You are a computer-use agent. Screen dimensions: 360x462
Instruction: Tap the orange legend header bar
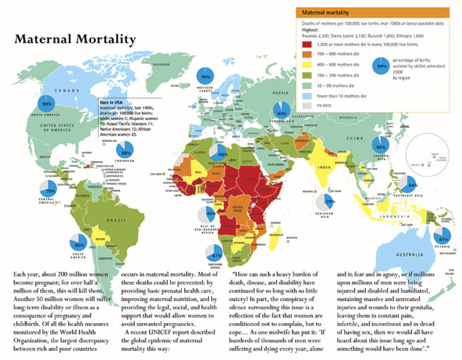coord(374,13)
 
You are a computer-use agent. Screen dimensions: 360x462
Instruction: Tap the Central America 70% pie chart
coord(49,190)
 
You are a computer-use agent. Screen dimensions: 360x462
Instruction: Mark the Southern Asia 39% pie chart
coord(326,203)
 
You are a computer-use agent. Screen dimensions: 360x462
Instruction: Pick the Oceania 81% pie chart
coord(443,237)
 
